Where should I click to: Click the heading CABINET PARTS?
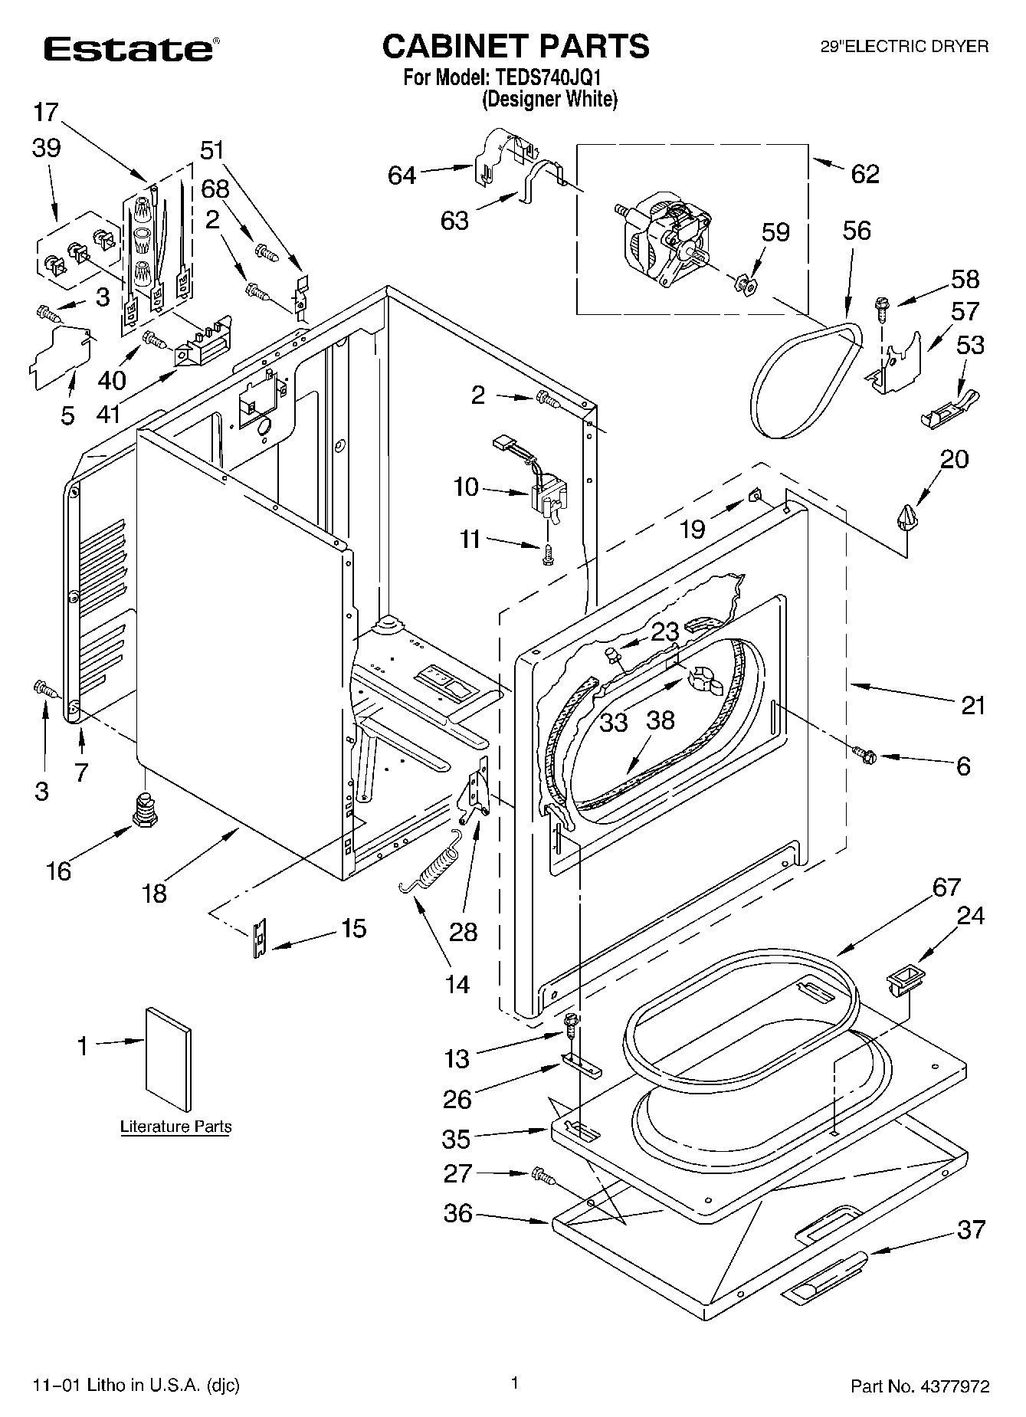[516, 46]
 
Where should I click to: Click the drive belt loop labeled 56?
[805, 379]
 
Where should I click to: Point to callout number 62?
[864, 174]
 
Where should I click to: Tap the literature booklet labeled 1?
[168, 1058]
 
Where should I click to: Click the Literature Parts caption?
[175, 1127]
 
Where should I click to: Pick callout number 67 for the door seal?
[946, 887]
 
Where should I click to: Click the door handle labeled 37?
[824, 1274]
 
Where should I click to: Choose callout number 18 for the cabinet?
[154, 893]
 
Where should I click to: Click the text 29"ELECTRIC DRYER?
[904, 47]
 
